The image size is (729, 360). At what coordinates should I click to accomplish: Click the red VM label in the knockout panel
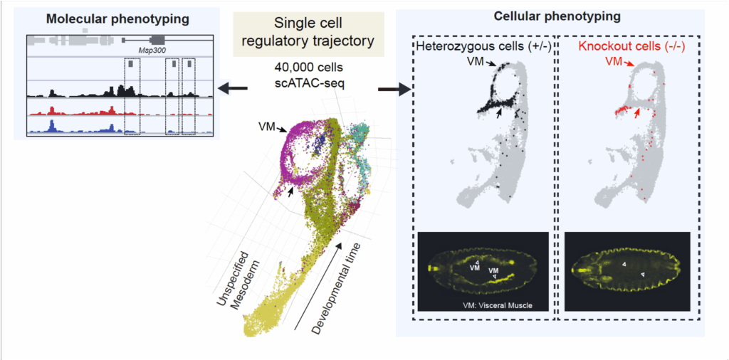614,63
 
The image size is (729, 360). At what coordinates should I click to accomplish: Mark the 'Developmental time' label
337,288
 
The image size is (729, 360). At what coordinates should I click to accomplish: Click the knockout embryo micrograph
627,271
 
